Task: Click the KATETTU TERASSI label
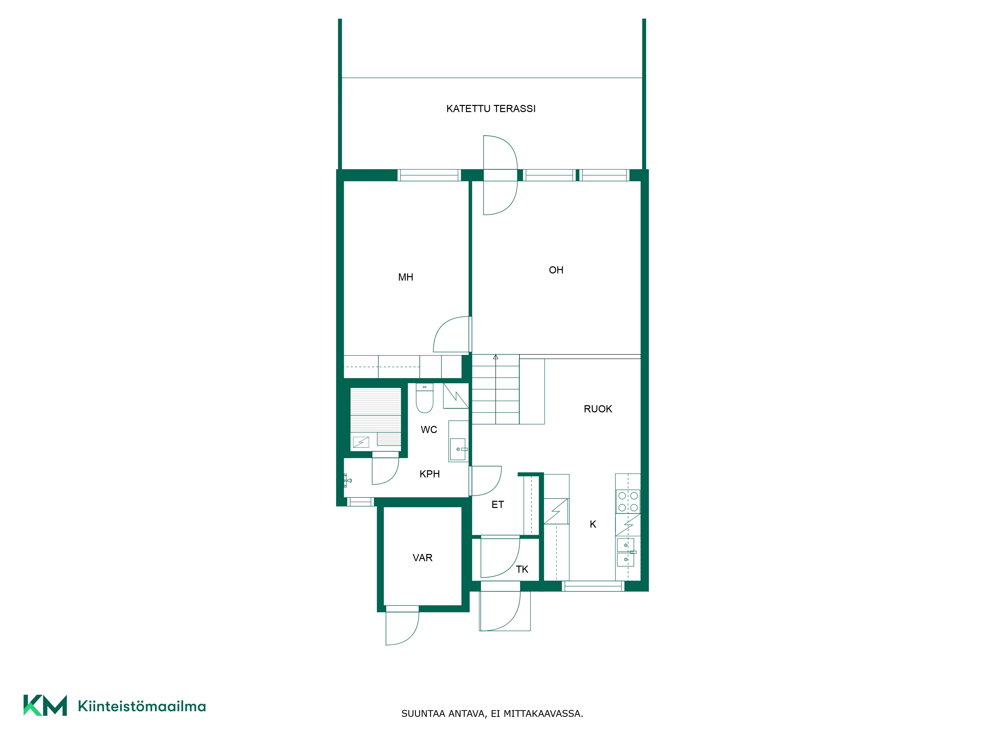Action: pyautogui.click(x=491, y=109)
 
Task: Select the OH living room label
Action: pyautogui.click(x=556, y=270)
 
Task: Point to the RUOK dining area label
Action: pyautogui.click(x=598, y=409)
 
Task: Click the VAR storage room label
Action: pyautogui.click(x=423, y=558)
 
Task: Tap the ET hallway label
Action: pyautogui.click(x=498, y=505)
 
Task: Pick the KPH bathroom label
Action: pyautogui.click(x=430, y=474)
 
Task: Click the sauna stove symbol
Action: pyautogui.click(x=361, y=442)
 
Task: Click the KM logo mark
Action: pyautogui.click(x=45, y=705)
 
